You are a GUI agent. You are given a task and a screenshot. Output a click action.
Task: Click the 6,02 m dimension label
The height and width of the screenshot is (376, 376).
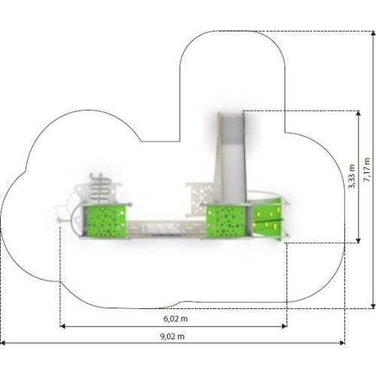click(175, 319)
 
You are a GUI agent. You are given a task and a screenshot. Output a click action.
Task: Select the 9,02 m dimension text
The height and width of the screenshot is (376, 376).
click(172, 336)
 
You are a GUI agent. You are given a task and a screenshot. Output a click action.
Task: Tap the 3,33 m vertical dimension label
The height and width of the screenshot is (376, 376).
click(352, 176)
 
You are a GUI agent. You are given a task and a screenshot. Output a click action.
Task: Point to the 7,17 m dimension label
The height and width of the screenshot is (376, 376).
click(367, 170)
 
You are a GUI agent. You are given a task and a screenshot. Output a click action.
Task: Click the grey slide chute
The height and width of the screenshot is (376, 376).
click(231, 158)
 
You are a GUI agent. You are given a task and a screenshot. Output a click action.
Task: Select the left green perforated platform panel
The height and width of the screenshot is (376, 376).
click(105, 220)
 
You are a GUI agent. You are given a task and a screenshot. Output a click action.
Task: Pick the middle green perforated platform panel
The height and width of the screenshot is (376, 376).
click(226, 220)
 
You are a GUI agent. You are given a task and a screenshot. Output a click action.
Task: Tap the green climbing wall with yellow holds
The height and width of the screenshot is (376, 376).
click(268, 220)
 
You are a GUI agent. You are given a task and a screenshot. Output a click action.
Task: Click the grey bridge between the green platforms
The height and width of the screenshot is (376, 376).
click(166, 228)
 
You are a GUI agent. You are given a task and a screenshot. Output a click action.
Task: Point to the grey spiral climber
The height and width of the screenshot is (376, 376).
click(100, 186)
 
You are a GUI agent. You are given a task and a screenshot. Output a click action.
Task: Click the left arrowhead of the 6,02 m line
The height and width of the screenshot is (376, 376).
click(62, 326)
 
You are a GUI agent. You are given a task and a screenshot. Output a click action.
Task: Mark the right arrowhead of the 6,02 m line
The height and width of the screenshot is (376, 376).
click(284, 326)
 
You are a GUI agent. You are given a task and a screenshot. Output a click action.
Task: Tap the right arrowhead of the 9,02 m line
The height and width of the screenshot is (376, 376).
click(342, 343)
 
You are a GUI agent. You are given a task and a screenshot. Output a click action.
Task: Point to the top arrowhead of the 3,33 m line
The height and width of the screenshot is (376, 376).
click(359, 114)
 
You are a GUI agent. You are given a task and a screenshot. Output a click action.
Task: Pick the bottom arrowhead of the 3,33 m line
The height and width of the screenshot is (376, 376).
click(359, 240)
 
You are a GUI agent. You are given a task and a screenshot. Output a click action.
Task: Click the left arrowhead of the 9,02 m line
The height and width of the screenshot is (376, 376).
click(2, 343)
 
